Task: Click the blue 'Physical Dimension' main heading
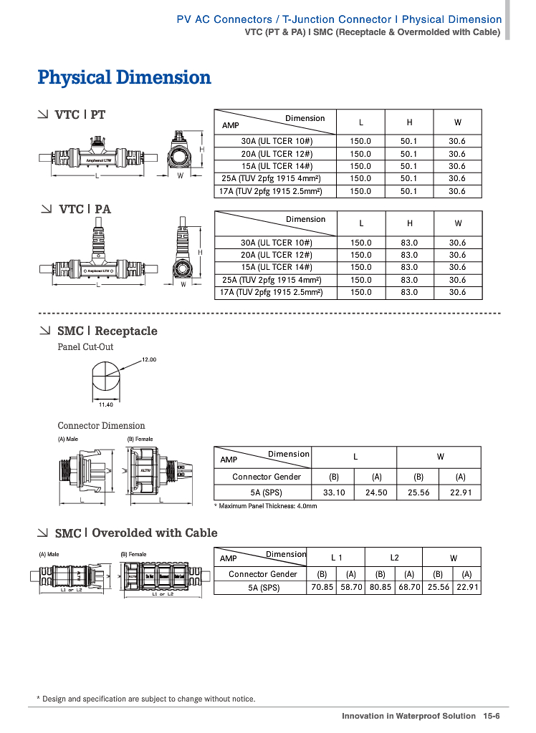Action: pyautogui.click(x=124, y=77)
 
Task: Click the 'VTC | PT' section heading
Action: pyautogui.click(x=80, y=115)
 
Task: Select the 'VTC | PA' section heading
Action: pyautogui.click(x=85, y=209)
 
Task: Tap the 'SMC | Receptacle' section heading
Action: pyautogui.click(x=107, y=331)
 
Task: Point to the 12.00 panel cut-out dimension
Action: pyautogui.click(x=149, y=359)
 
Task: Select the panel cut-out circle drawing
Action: pyautogui.click(x=106, y=377)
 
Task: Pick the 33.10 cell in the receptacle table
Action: pyautogui.click(x=334, y=492)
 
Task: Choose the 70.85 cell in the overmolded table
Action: pyautogui.click(x=322, y=587)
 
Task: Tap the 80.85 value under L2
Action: pyautogui.click(x=380, y=587)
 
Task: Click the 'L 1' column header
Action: pyautogui.click(x=336, y=557)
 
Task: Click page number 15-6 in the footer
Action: pyautogui.click(x=491, y=716)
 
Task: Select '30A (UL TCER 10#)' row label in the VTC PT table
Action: pyautogui.click(x=277, y=141)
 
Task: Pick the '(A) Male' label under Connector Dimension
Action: pyautogui.click(x=69, y=439)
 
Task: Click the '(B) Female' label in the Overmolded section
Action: pyautogui.click(x=133, y=554)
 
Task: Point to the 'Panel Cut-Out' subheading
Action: pyautogui.click(x=85, y=347)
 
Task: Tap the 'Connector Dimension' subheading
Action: pyautogui.click(x=101, y=426)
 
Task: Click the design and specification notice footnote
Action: pyautogui.click(x=146, y=699)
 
